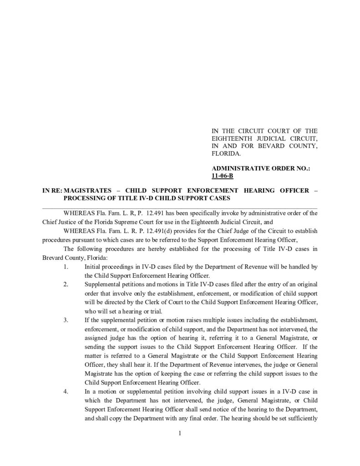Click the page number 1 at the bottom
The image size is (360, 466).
pyautogui.click(x=180, y=433)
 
